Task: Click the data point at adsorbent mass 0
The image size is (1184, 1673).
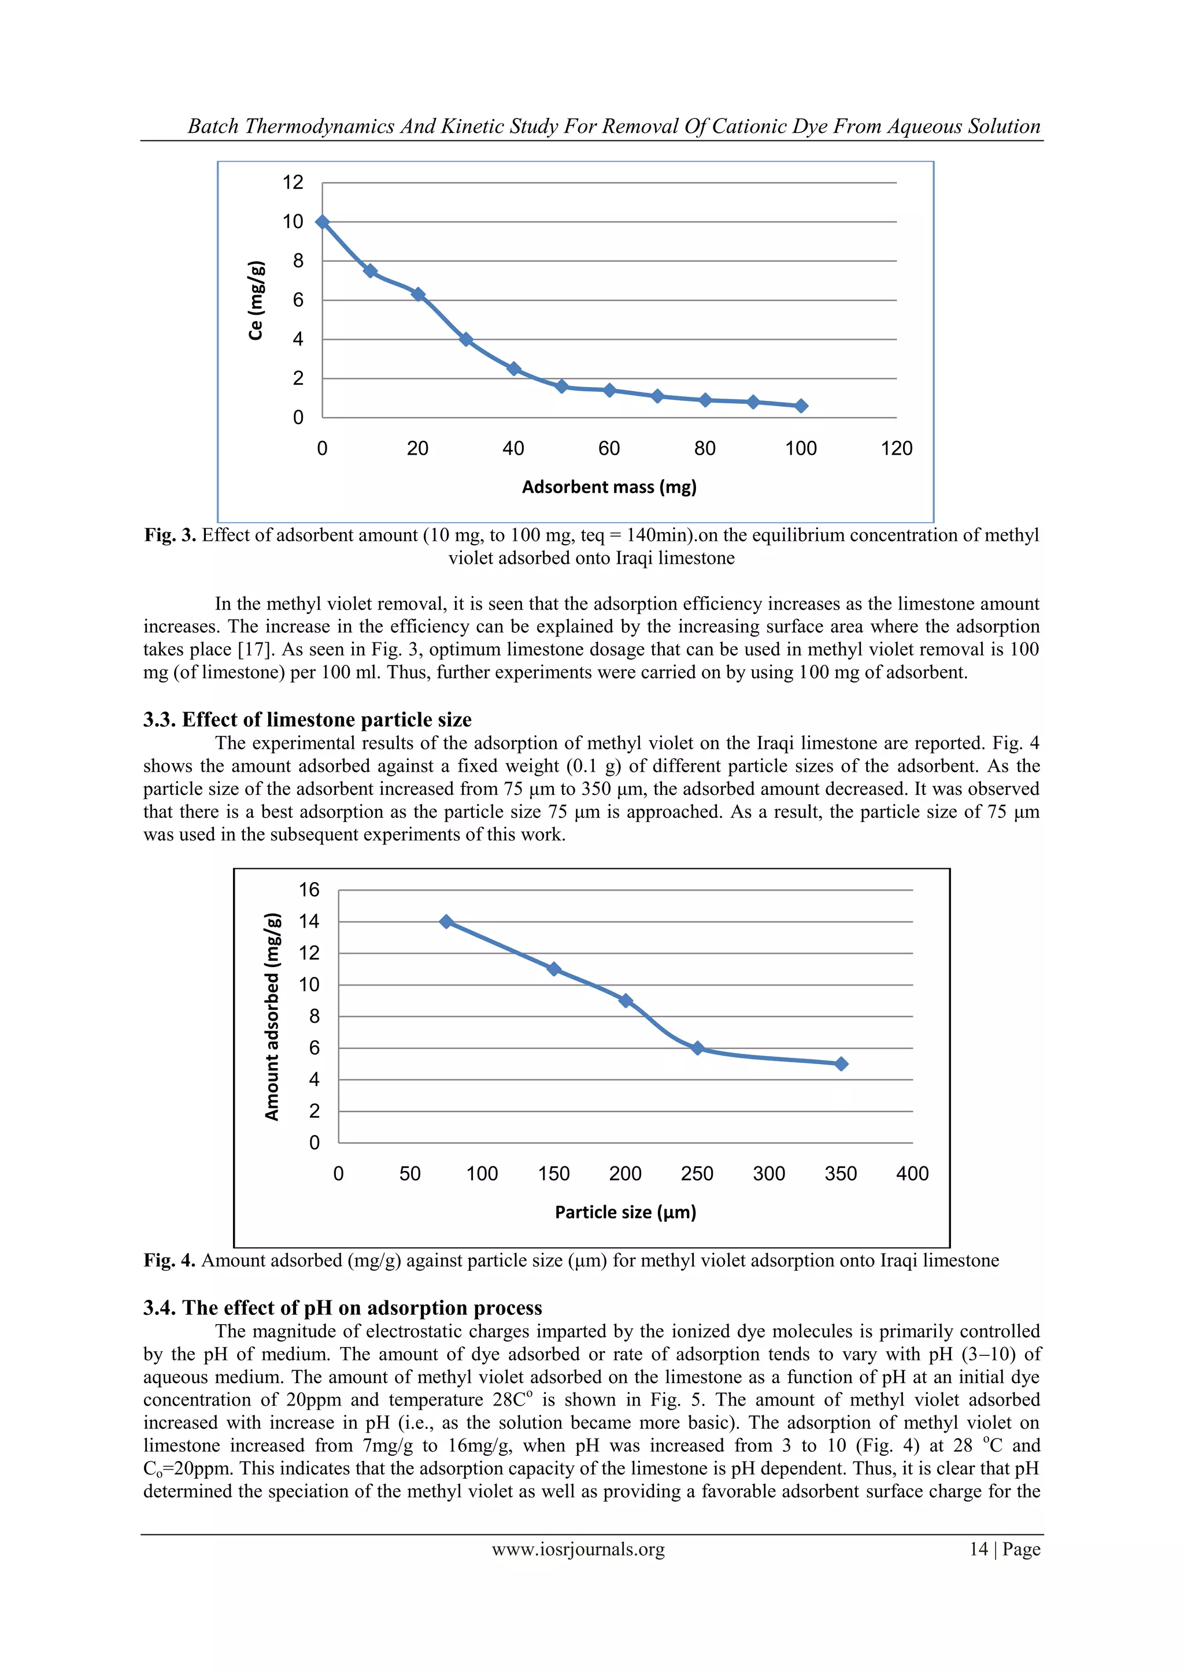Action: (x=322, y=222)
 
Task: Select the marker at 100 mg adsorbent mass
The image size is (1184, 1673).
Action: (x=801, y=406)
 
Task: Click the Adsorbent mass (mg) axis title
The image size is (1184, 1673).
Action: (x=609, y=487)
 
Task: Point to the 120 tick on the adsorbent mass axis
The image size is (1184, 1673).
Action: (x=896, y=449)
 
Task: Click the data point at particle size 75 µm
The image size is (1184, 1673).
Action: (x=447, y=922)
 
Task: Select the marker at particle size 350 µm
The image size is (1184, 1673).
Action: (x=841, y=1064)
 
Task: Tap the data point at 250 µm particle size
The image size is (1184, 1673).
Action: (x=698, y=1048)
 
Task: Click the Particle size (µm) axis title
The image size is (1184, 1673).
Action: (x=626, y=1212)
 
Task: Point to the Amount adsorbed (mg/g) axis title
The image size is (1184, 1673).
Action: (x=272, y=1017)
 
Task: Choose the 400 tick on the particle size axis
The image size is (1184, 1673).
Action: (x=912, y=1174)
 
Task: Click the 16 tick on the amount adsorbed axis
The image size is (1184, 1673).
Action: (x=309, y=890)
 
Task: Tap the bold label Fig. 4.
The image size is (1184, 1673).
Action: (x=169, y=1261)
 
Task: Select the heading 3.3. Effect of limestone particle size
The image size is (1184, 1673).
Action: (x=307, y=720)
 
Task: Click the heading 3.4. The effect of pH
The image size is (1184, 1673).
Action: (x=343, y=1308)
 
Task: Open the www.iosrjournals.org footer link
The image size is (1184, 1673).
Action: (x=578, y=1549)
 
